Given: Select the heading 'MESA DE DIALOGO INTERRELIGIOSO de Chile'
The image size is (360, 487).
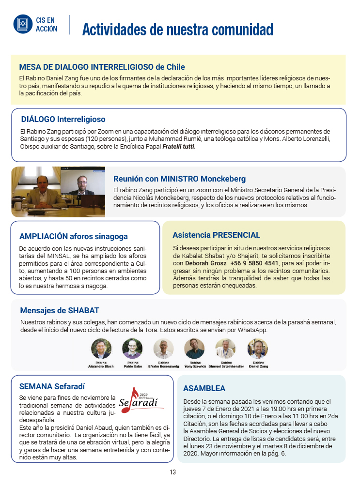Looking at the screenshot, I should [x=102, y=67].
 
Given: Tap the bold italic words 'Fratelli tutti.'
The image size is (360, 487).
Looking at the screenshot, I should [x=179, y=147].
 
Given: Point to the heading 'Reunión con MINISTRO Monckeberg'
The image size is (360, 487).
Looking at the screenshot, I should [x=179, y=179].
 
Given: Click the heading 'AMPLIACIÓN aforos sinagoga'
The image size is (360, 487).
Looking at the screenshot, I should [x=74, y=237].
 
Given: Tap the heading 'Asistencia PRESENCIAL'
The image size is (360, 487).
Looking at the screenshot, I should [x=217, y=235].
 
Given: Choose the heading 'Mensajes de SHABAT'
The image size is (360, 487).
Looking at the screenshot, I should [x=60, y=310].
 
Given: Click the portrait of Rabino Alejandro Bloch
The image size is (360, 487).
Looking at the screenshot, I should [x=101, y=348].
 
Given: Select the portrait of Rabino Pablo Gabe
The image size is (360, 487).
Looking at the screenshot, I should [x=132, y=348].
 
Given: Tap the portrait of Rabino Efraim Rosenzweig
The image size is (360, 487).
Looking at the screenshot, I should [x=163, y=348].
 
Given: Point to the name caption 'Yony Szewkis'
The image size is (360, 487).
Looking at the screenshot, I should [x=195, y=366].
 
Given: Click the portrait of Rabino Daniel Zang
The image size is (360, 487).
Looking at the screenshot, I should [x=258, y=348].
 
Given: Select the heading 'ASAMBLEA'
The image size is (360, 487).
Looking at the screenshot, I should [x=204, y=388].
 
